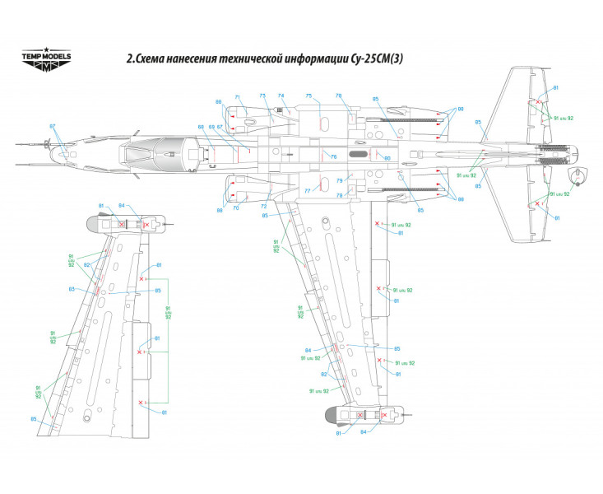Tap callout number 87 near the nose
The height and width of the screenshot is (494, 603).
click(52, 126)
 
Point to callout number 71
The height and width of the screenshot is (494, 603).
click(237, 96)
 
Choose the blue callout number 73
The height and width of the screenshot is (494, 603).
click(262, 96)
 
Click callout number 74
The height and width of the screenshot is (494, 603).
click(281, 96)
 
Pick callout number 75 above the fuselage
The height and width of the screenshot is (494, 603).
click(308, 96)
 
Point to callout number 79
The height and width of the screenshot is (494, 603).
click(337, 179)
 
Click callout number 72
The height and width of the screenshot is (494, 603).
click(263, 206)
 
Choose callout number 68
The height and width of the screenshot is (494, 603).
click(201, 127)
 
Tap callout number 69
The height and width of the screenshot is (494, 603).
click(211, 127)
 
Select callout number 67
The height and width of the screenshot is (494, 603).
click(220, 127)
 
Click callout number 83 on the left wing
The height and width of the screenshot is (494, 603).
click(72, 289)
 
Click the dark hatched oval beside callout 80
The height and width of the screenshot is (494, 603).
click(359, 154)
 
